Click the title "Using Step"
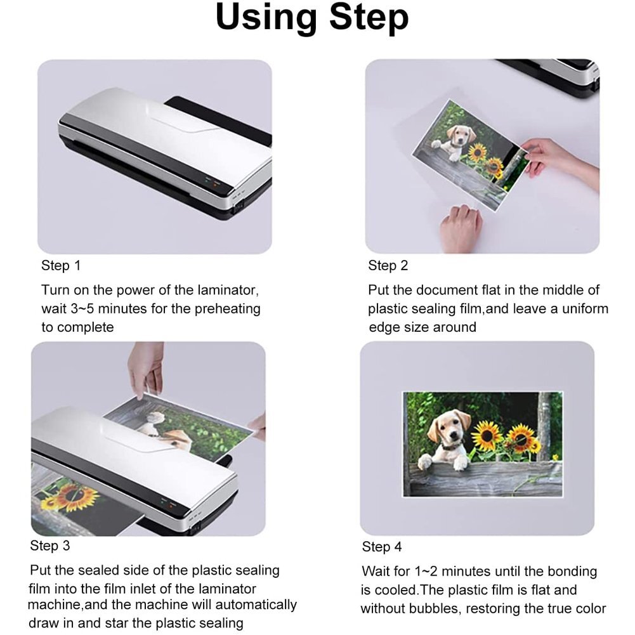point(312,19)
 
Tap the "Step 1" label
point(61,266)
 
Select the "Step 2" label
point(388,266)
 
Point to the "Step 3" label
point(49,546)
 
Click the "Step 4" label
point(382,547)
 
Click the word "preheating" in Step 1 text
point(226,309)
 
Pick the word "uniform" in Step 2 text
point(581,309)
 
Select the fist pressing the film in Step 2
point(461,228)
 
